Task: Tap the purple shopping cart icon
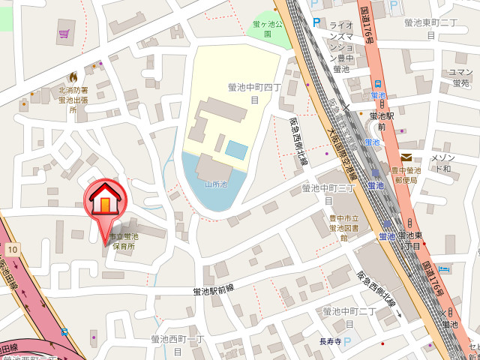[x=64, y=34]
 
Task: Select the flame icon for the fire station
[x=73, y=76]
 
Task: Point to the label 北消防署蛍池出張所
[x=73, y=100]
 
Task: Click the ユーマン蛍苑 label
[x=459, y=77]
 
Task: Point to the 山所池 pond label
[x=214, y=184]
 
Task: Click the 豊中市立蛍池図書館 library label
[x=343, y=227]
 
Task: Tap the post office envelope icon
[x=406, y=157]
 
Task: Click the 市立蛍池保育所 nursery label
[x=124, y=241]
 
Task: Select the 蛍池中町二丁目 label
[x=349, y=316]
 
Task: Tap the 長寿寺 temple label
[x=331, y=342]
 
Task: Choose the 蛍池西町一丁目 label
[x=178, y=344]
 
